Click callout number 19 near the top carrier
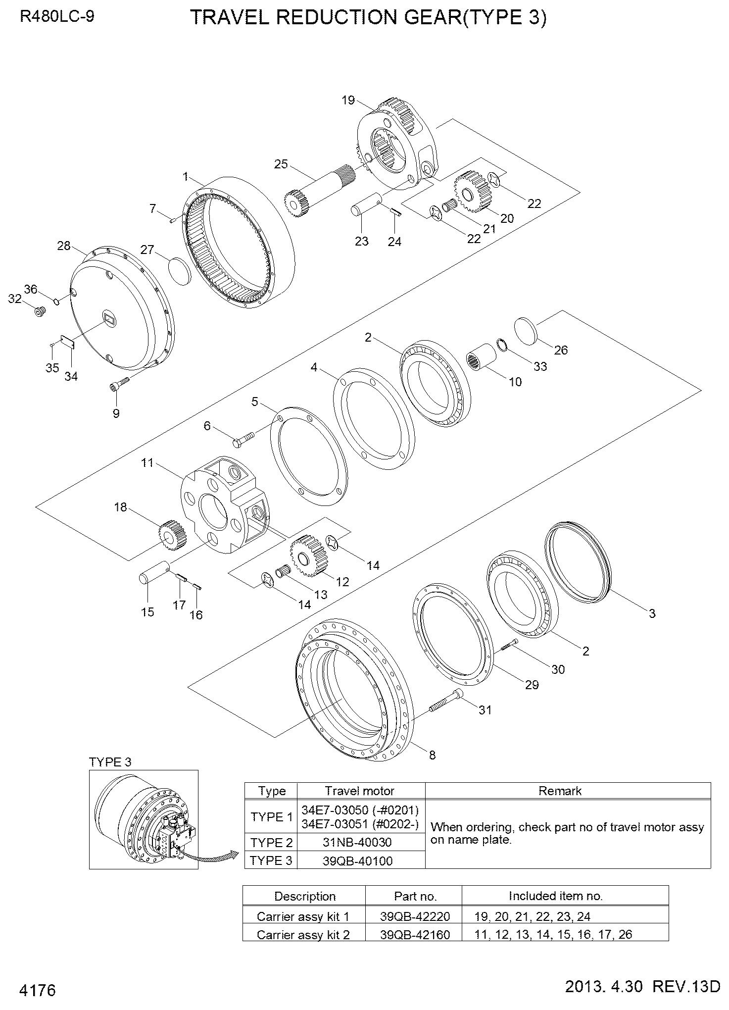(348, 100)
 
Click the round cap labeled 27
(179, 271)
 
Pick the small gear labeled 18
(171, 535)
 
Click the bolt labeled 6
(243, 439)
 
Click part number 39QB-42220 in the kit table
(415, 916)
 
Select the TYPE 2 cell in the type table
(271, 842)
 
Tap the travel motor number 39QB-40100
(357, 861)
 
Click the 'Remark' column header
(560, 791)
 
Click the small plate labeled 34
(67, 341)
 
